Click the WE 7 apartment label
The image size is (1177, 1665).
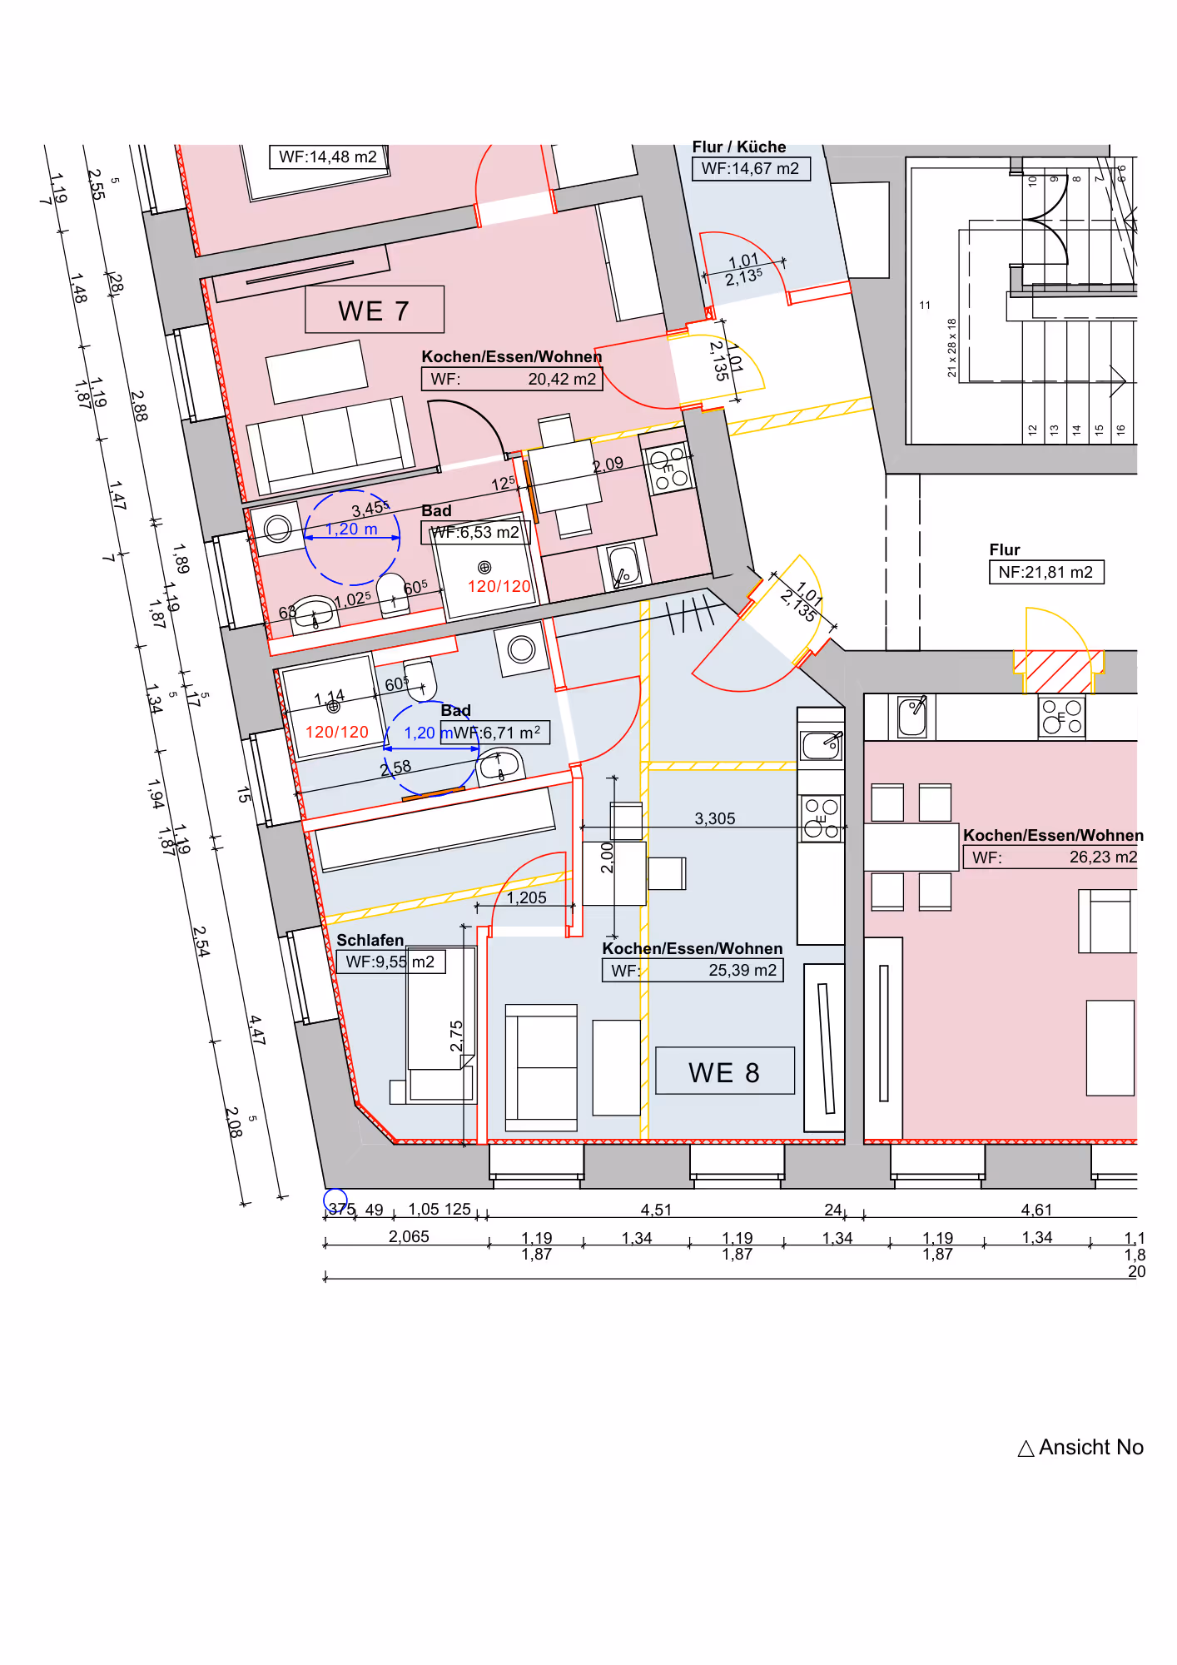[x=374, y=311]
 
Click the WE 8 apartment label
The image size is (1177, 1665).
[x=724, y=1072]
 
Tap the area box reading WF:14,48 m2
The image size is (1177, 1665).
[x=328, y=157]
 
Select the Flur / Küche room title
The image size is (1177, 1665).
[x=739, y=147]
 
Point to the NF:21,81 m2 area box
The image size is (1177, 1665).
[x=1045, y=572]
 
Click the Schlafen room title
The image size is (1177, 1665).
[x=370, y=940]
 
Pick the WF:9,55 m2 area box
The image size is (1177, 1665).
[x=390, y=962]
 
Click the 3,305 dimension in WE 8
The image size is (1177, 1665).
[x=715, y=818]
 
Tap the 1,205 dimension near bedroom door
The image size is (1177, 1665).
[x=527, y=897]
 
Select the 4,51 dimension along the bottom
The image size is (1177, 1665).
[x=656, y=1210]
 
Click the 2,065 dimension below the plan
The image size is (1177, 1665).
[x=409, y=1236]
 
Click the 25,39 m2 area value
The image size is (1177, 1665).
[x=742, y=970]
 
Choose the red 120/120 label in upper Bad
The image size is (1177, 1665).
[x=499, y=586]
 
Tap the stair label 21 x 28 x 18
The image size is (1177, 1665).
[x=952, y=347]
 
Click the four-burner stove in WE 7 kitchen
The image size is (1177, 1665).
[x=668, y=470]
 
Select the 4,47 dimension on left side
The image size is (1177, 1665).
[x=257, y=1030]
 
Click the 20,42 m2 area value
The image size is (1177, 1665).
[x=562, y=380]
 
